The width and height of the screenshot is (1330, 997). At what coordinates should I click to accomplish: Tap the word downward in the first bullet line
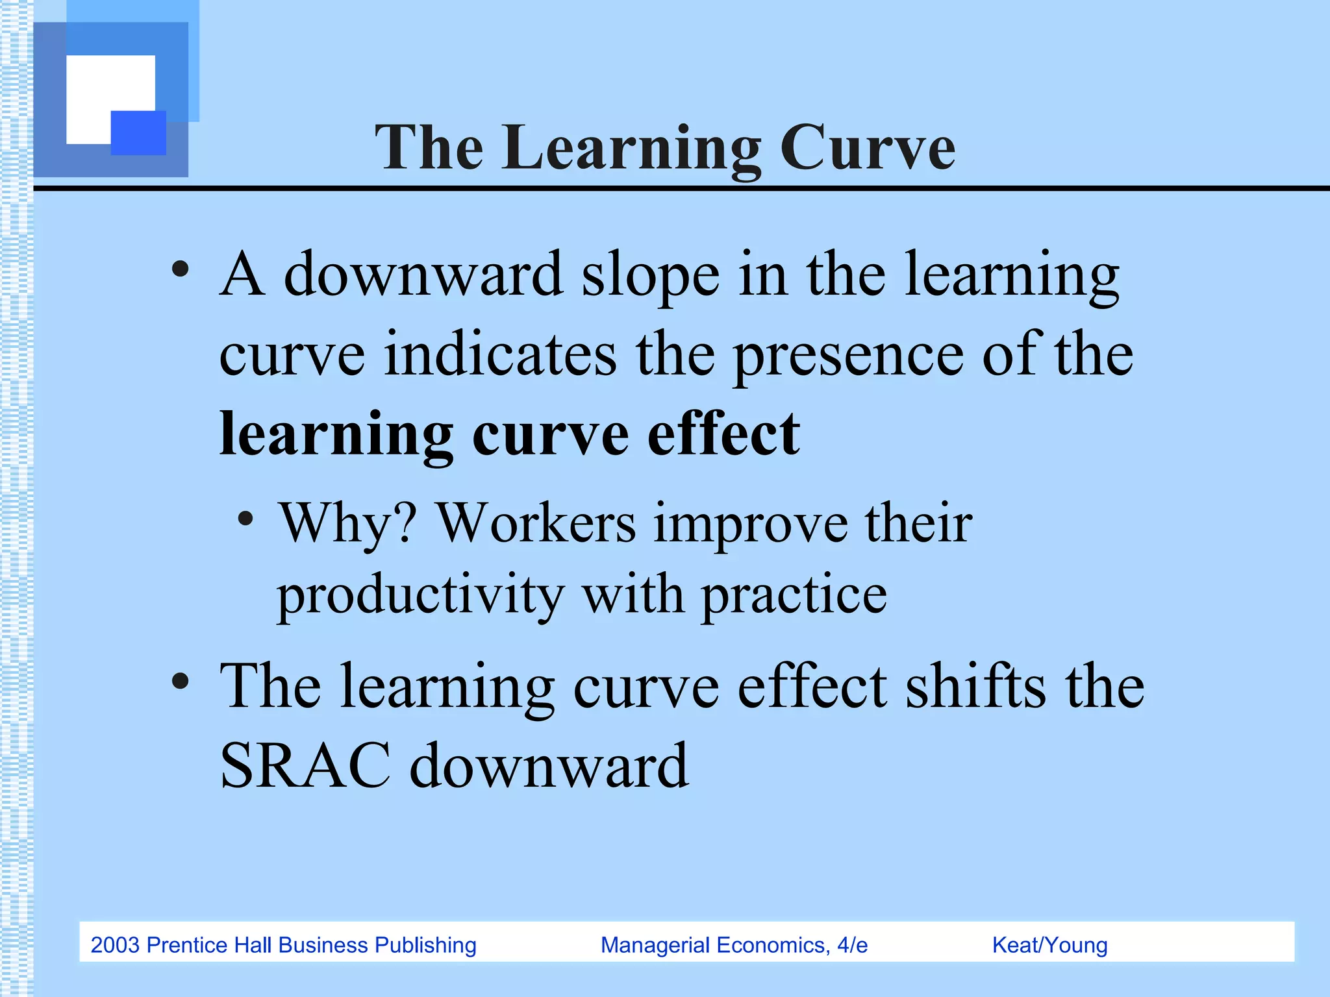tap(423, 275)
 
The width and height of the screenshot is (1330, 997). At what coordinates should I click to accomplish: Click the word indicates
tap(500, 354)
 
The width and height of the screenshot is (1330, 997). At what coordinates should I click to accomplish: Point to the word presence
tap(848, 356)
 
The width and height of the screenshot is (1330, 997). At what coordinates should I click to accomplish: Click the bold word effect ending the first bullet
tap(723, 434)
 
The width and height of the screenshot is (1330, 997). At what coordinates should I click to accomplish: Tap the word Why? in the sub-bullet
tap(347, 523)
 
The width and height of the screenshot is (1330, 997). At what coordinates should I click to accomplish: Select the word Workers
tap(536, 523)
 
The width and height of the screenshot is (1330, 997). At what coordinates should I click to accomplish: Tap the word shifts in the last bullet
tap(975, 687)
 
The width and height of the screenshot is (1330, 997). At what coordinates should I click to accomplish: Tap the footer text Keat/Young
tap(1049, 945)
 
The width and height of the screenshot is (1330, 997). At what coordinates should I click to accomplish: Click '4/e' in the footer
tap(852, 945)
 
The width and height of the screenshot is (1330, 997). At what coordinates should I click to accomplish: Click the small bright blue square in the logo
tap(138, 132)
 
